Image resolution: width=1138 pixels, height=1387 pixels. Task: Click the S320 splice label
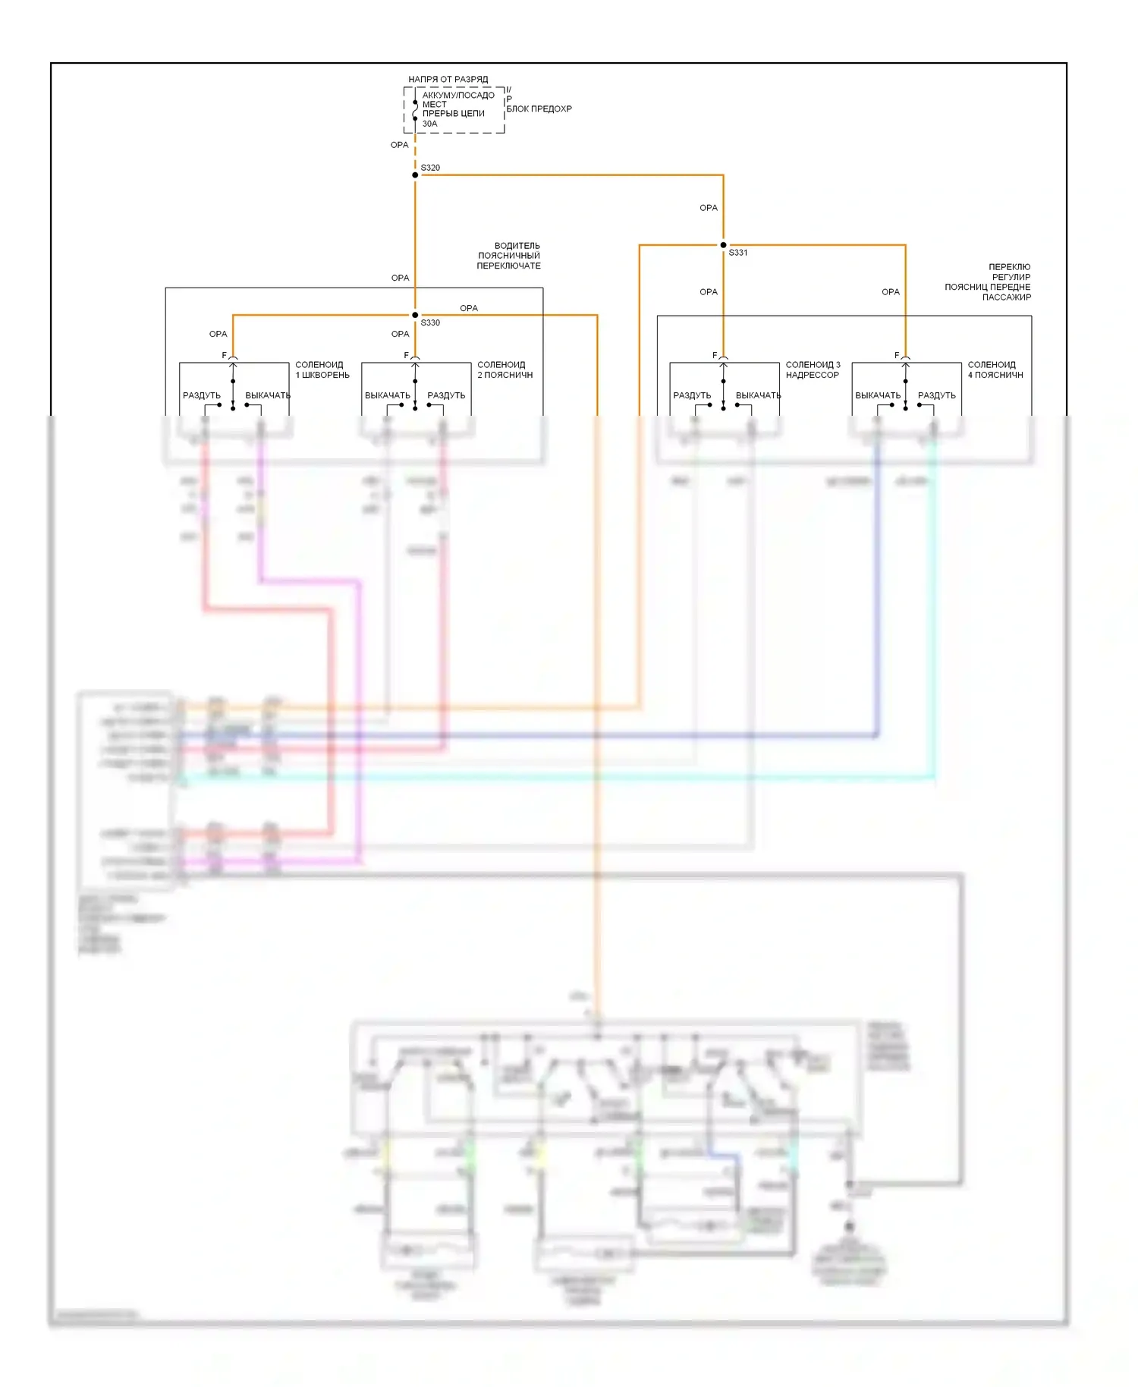point(430,168)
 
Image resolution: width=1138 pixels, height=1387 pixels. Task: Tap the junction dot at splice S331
point(723,245)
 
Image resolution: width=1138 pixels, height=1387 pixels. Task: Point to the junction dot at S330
point(415,315)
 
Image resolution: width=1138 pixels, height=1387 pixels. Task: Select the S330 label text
point(430,323)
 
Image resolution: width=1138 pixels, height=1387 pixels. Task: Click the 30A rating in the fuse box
point(429,124)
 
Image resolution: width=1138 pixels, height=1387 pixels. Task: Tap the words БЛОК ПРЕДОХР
point(539,109)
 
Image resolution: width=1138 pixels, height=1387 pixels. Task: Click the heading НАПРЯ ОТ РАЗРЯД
point(448,79)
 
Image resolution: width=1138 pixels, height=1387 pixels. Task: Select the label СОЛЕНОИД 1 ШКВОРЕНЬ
point(322,370)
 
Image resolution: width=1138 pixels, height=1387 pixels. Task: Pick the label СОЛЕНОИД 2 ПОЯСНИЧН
point(505,370)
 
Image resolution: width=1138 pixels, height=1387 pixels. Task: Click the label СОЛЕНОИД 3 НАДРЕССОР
point(813,370)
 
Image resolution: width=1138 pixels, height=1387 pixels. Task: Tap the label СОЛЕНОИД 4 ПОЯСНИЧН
point(995,370)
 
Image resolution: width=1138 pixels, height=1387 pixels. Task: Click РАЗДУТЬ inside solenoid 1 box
point(202,395)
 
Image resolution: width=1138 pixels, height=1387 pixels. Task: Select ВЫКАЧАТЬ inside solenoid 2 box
point(387,395)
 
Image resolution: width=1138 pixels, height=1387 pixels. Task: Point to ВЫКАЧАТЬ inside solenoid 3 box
point(758,395)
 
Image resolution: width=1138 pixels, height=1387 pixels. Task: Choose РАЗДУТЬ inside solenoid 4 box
point(936,395)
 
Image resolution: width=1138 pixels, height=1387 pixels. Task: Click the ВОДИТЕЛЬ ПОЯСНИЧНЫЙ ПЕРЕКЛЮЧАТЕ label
point(509,256)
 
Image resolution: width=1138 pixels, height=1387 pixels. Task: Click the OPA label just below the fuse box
point(399,145)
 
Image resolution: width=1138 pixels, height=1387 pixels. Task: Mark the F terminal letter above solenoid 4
point(897,355)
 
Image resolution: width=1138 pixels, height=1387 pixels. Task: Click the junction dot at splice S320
point(415,175)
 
